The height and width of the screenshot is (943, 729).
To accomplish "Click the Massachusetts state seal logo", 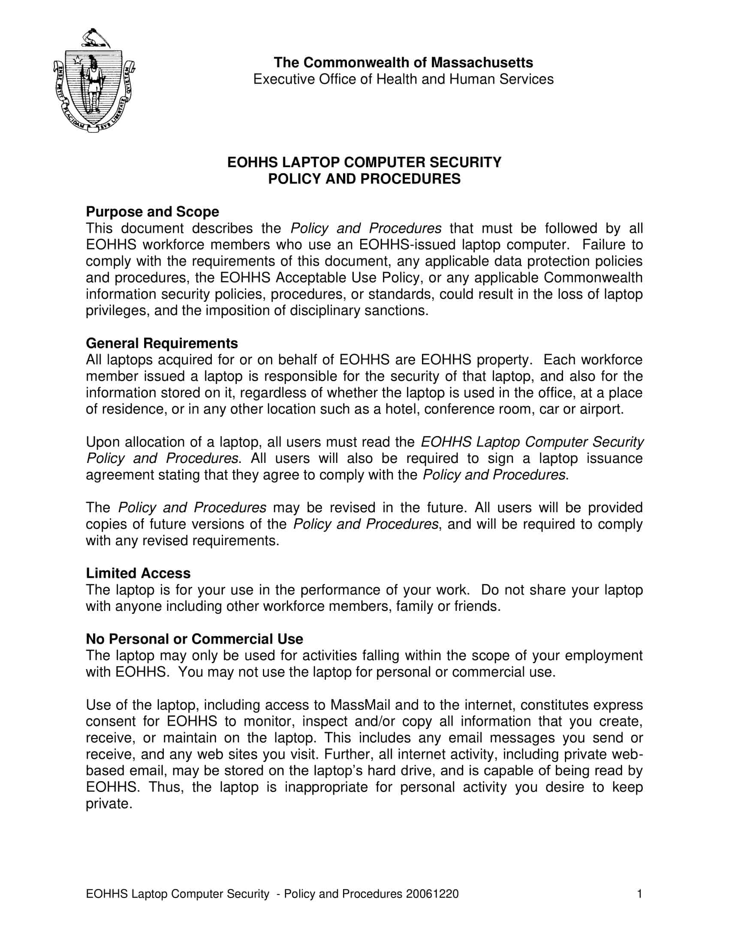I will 94,81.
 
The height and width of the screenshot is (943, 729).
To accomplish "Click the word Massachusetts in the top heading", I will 482,63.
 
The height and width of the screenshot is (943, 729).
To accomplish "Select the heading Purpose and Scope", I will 153,212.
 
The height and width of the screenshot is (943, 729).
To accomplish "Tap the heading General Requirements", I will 162,343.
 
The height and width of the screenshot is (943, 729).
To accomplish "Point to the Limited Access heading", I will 138,574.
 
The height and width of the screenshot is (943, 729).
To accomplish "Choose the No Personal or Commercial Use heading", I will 194,639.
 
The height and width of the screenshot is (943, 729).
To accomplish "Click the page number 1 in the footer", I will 640,893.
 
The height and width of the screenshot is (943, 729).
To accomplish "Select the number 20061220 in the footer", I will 432,893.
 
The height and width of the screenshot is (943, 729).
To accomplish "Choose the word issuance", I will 615,458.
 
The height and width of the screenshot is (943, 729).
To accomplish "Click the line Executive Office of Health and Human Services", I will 404,79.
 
